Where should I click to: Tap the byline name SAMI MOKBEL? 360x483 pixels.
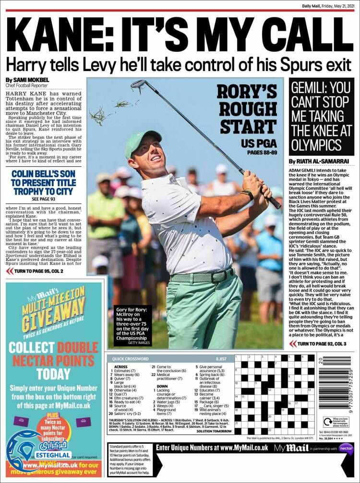[32, 80]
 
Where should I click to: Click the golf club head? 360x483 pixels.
[138, 85]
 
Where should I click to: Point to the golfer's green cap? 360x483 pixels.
[142, 142]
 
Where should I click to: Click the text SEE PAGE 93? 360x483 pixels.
[43, 199]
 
